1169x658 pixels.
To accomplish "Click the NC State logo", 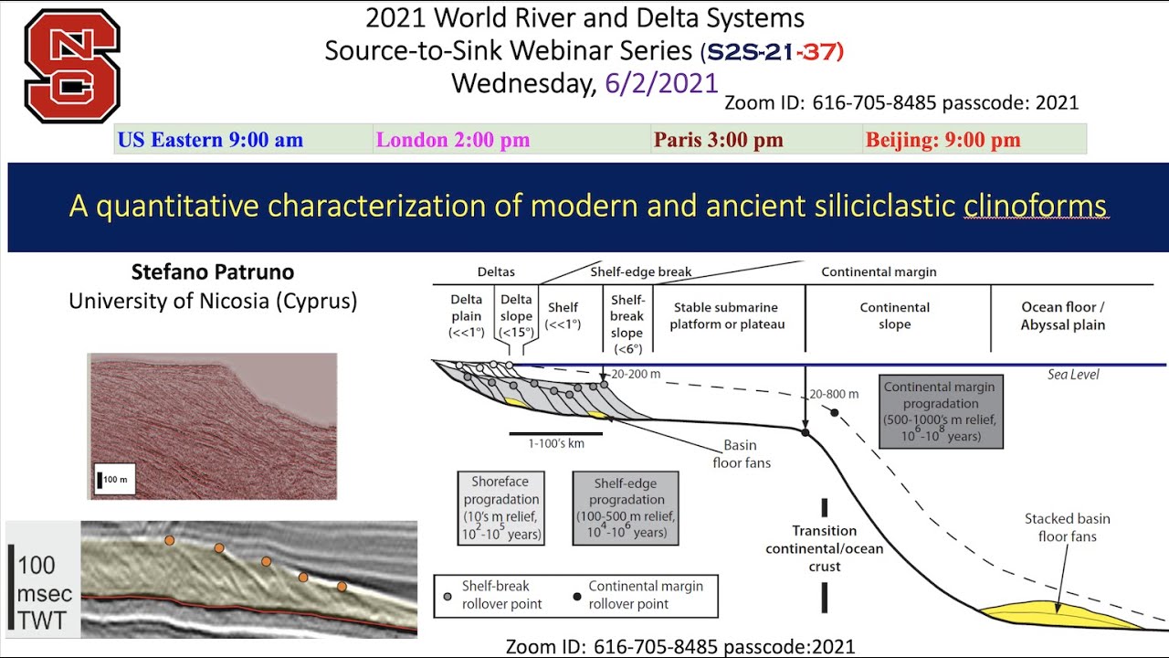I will click(72, 66).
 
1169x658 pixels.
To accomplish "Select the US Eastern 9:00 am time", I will click(209, 140).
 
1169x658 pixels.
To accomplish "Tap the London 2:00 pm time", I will click(453, 140).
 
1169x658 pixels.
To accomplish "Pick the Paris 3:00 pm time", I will click(718, 140).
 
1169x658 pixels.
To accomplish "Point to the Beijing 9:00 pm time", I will click(943, 140).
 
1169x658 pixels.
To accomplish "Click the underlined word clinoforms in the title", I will click(1035, 206).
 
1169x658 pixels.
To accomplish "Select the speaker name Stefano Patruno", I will click(212, 272).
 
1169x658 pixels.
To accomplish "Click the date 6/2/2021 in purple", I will click(661, 83).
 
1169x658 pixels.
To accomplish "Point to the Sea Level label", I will click(1073, 375).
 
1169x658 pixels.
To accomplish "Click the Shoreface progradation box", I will click(501, 508).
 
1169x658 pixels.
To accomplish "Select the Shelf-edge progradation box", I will click(626, 508).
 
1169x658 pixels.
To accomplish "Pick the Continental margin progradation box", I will click(941, 411).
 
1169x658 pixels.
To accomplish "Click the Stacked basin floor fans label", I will click(1067, 527).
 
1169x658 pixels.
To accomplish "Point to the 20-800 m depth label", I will click(834, 394).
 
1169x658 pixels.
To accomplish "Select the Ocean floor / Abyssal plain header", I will click(1063, 316).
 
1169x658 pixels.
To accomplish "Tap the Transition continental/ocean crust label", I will click(824, 548).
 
